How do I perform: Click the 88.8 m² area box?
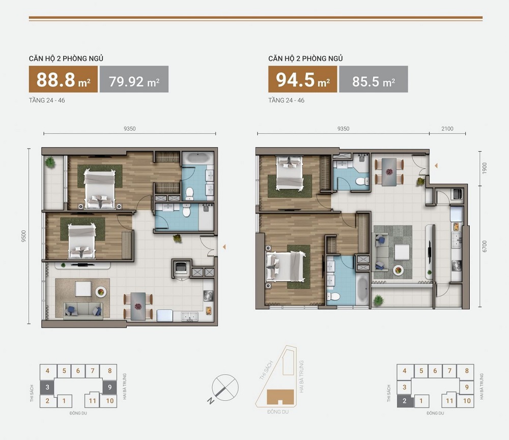pyautogui.click(x=63, y=79)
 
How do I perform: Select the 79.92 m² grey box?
pyautogui.click(x=134, y=79)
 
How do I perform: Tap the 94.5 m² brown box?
pyautogui.click(x=302, y=79)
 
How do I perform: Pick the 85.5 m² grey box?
pyautogui.click(x=374, y=79)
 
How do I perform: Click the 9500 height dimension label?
pyautogui.click(x=23, y=236)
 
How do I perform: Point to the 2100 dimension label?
pyautogui.click(x=447, y=129)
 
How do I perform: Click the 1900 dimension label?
pyautogui.click(x=485, y=168)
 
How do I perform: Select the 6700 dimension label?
pyautogui.click(x=485, y=246)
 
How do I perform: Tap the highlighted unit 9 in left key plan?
pyautogui.click(x=110, y=387)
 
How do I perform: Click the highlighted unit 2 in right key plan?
pyautogui.click(x=405, y=401)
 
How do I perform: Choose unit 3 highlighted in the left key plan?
pyautogui.click(x=47, y=387)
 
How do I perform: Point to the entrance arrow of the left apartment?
pyautogui.click(x=224, y=247)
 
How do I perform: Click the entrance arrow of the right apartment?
pyautogui.click(x=436, y=165)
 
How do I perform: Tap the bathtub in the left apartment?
pyautogui.click(x=197, y=158)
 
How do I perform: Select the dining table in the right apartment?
pyautogui.click(x=389, y=172)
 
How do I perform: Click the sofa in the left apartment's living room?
pyautogui.click(x=83, y=310)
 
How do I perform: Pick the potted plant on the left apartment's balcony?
pyautogui.click(x=50, y=162)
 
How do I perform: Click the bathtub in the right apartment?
pyautogui.click(x=362, y=290)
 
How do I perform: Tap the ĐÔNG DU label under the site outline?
pyautogui.click(x=278, y=412)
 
